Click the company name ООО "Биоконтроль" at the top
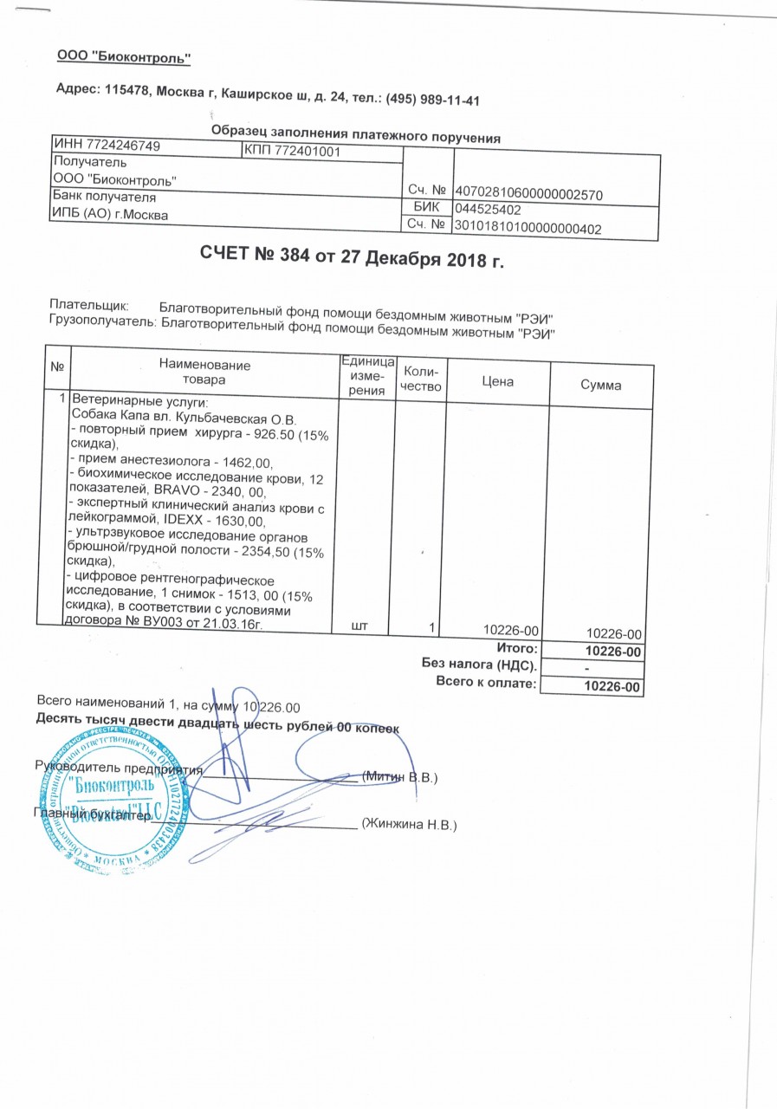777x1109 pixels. pyautogui.click(x=123, y=57)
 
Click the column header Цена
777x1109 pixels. pyautogui.click(x=500, y=380)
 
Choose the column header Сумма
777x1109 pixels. pyautogui.click(x=601, y=385)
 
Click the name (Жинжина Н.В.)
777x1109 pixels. pyautogui.click(x=408, y=823)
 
